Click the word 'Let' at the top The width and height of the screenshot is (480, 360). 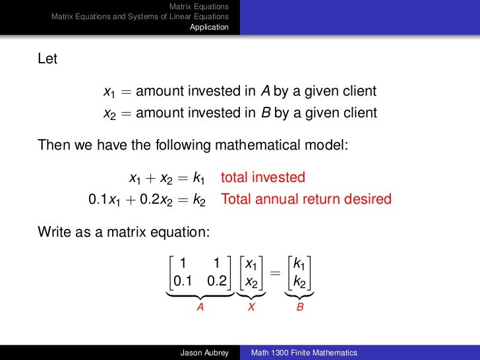coord(47,59)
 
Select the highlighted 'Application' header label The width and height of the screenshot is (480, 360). coord(209,27)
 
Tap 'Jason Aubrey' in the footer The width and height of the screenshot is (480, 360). coord(204,353)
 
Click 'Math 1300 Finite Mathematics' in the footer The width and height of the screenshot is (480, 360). coord(304,353)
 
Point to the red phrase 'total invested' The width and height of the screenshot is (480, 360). coord(263,177)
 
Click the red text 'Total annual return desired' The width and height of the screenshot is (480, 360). coord(306,199)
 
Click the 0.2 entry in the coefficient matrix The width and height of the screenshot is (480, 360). coord(216,281)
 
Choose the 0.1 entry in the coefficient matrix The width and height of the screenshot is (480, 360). coord(183,281)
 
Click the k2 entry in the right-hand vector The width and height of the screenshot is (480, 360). coord(299,282)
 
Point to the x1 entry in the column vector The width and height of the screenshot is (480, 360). coord(251,264)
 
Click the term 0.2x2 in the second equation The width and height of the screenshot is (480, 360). coord(154,199)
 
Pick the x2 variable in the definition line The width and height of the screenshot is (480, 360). coord(109,113)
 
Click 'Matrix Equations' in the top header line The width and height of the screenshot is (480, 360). coord(199,6)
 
